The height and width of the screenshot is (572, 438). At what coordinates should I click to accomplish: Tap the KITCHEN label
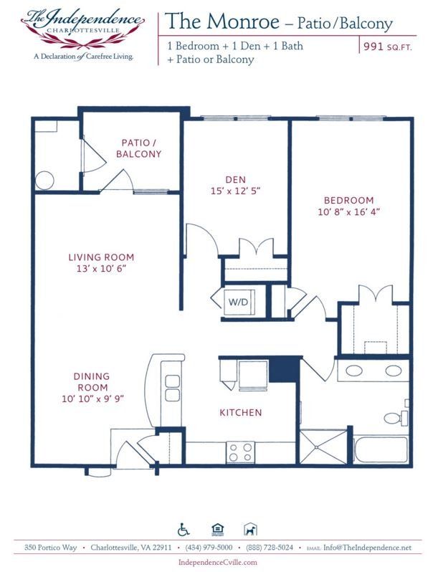pos(240,413)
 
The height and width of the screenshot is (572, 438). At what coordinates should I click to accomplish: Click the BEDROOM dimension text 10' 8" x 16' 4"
pos(348,212)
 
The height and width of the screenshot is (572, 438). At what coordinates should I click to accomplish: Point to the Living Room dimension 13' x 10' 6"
pos(101,269)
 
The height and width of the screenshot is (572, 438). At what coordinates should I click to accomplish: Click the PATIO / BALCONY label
pos(141,148)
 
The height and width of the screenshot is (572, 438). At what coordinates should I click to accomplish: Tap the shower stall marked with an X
pos(323,447)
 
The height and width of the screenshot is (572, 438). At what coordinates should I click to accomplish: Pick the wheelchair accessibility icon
pos(184,530)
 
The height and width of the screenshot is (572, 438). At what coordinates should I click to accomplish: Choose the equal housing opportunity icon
pos(217,530)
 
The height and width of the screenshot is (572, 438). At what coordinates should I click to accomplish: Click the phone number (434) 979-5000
pos(209,548)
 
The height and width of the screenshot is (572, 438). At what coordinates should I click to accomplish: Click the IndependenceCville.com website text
pos(219,563)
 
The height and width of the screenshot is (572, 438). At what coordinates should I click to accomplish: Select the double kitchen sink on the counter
pos(172,388)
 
